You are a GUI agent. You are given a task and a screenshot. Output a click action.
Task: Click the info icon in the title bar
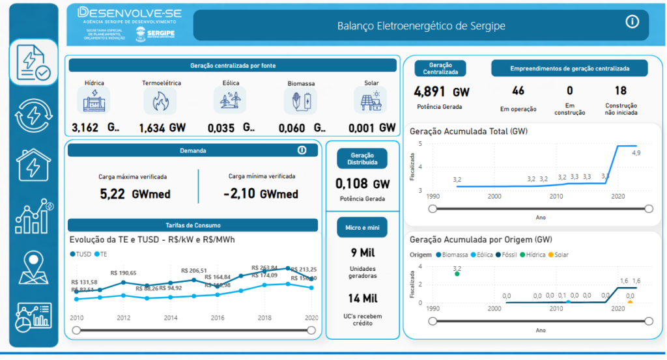click(x=632, y=22)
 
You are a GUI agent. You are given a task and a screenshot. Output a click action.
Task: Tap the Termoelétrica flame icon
click(x=160, y=101)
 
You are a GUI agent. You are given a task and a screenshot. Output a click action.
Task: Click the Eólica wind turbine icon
click(x=230, y=101)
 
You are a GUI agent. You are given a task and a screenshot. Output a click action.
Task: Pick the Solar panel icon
click(x=370, y=101)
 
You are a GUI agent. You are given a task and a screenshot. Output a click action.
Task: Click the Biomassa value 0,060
click(x=295, y=128)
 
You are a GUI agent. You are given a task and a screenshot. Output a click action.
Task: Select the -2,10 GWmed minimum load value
click(x=261, y=194)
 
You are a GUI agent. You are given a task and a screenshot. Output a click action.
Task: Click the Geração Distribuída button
click(x=362, y=158)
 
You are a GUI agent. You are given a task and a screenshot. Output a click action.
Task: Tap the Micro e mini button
click(x=362, y=227)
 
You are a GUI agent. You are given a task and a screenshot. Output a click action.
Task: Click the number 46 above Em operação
click(x=518, y=91)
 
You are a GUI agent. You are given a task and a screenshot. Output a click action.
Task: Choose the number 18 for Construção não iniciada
click(x=620, y=91)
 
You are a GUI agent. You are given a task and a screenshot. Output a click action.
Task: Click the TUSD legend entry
click(x=81, y=254)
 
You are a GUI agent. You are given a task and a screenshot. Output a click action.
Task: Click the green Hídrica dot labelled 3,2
click(x=457, y=274)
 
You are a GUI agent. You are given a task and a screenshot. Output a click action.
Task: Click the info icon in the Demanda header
click(x=302, y=150)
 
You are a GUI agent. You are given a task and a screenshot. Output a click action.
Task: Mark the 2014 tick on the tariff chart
click(x=171, y=318)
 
